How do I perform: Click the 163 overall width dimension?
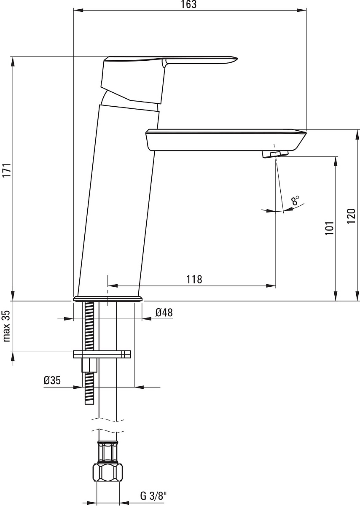click(189, 5)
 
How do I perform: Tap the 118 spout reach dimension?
click(194, 280)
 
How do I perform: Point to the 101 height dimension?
click(329, 228)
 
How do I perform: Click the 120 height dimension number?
click(351, 216)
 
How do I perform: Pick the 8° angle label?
click(295, 200)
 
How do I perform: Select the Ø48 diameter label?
click(164, 312)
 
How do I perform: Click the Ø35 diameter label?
click(52, 381)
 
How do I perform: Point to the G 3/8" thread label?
click(153, 496)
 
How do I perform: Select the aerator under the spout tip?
click(275, 154)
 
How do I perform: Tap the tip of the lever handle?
click(238, 59)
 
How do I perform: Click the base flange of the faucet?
click(108, 299)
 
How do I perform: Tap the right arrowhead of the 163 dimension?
click(301, 10)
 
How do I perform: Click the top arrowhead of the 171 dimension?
click(13, 62)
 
